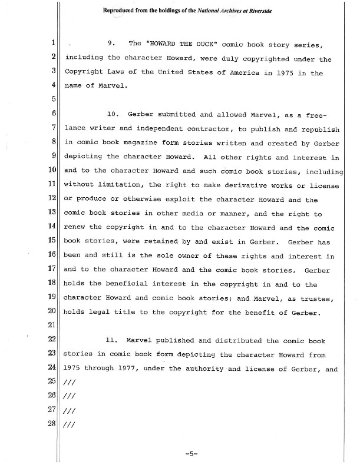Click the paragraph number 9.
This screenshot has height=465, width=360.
[110, 44]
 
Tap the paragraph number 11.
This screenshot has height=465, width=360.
[112, 341]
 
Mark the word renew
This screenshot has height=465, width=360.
[74, 227]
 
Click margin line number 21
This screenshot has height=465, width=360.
[51, 326]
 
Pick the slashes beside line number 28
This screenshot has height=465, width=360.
[67, 426]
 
